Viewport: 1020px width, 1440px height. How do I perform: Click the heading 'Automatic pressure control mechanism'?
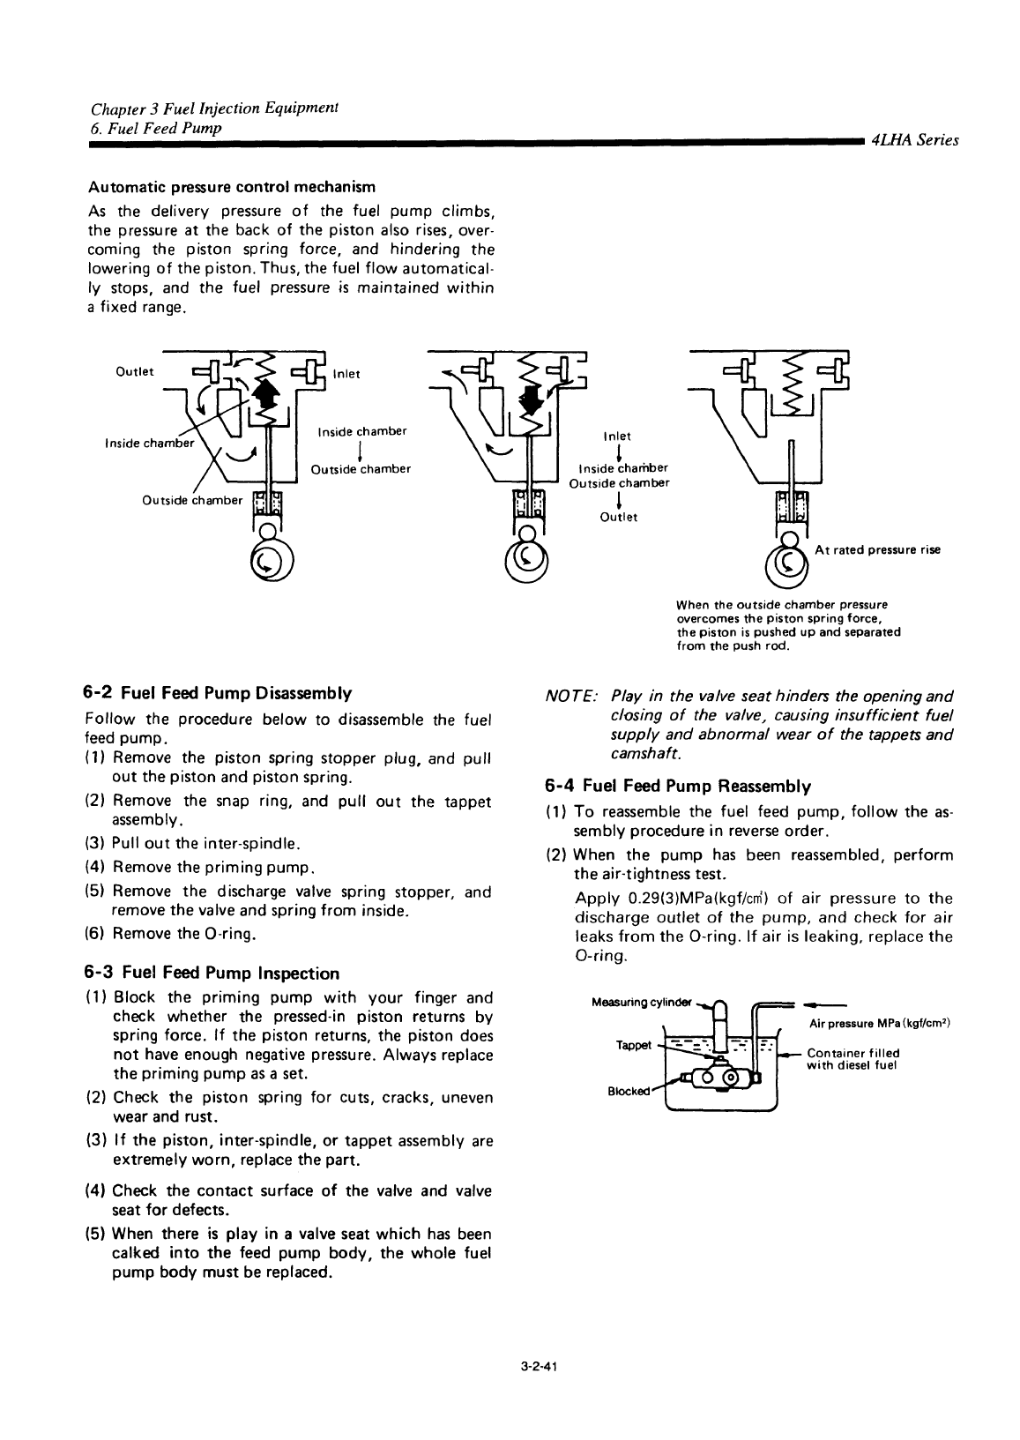point(231,187)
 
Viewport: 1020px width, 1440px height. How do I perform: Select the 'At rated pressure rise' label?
point(877,550)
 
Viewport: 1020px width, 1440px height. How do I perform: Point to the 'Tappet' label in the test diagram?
point(633,1045)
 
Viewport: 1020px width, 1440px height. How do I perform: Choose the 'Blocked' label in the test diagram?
point(627,1091)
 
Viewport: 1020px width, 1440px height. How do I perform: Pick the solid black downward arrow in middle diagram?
point(532,399)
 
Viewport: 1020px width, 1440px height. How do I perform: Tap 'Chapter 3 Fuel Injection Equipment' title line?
point(216,108)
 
